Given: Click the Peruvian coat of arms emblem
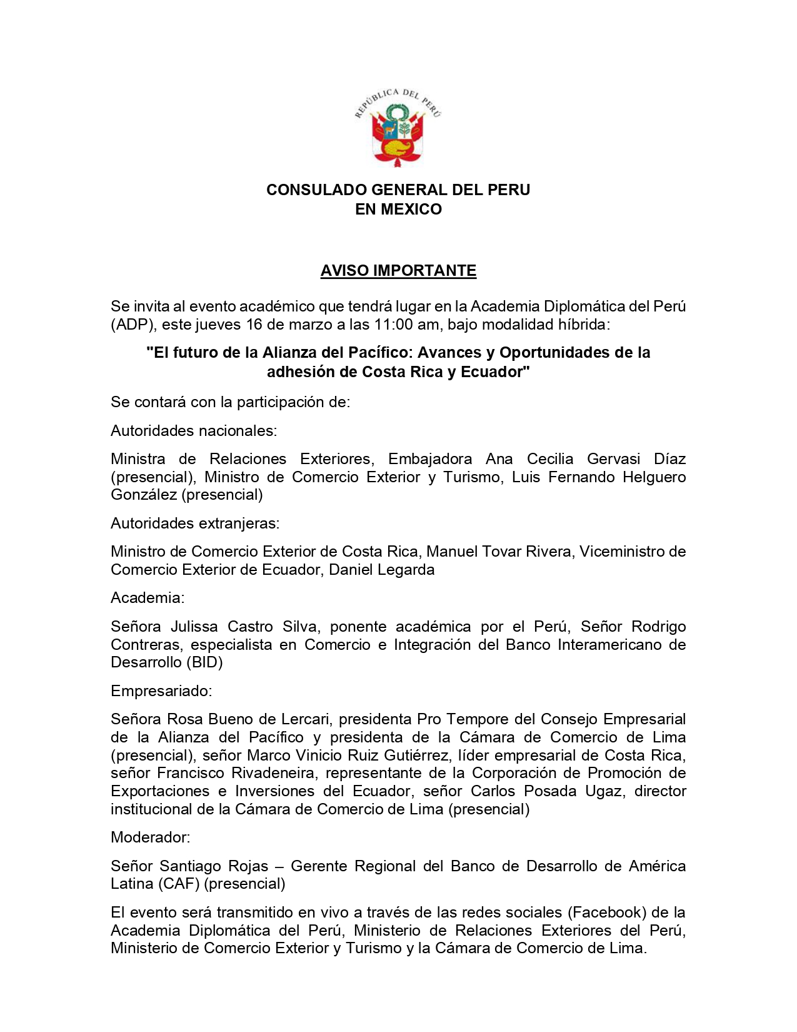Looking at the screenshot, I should click(x=398, y=128).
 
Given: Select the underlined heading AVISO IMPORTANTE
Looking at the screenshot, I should click(x=398, y=271).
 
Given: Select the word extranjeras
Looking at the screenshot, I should click(x=239, y=524).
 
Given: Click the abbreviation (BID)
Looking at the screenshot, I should click(x=204, y=662).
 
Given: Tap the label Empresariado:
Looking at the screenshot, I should click(x=161, y=691).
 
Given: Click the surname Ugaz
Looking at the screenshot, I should click(x=604, y=791).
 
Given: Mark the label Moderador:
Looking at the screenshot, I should click(x=151, y=837).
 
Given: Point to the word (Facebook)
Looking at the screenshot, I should click(x=607, y=913).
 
